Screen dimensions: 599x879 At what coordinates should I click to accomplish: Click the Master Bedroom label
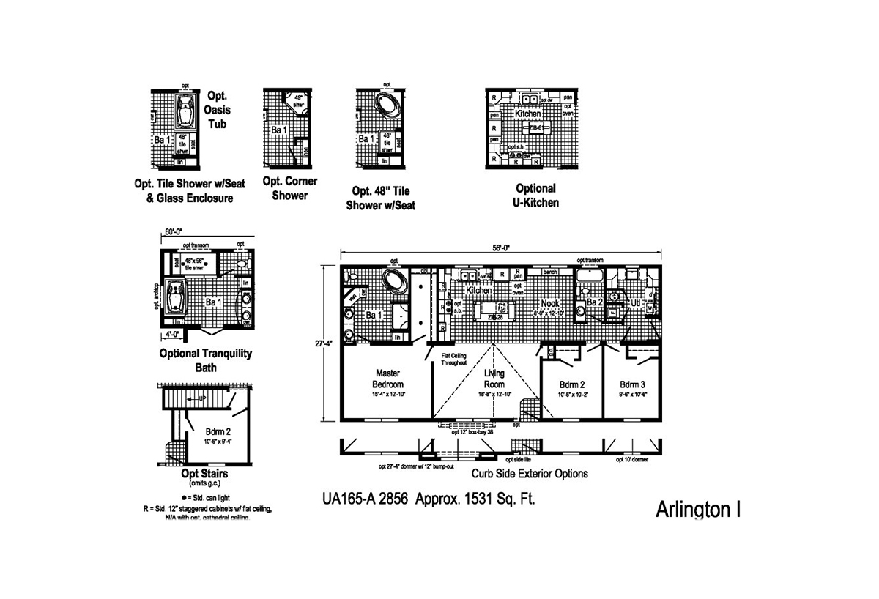pyautogui.click(x=388, y=378)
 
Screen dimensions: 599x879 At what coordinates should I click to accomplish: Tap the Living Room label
pyautogui.click(x=494, y=379)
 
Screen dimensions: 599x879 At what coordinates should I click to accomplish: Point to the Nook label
pyautogui.click(x=550, y=303)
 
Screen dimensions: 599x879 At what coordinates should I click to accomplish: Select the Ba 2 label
pyautogui.click(x=594, y=302)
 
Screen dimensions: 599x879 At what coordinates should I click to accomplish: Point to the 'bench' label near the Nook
pyautogui.click(x=551, y=272)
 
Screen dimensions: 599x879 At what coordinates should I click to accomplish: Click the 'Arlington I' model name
pyautogui.click(x=697, y=510)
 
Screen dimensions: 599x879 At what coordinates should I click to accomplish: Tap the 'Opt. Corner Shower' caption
pyautogui.click(x=289, y=188)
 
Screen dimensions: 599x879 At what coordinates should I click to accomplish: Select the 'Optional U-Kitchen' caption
pyautogui.click(x=535, y=195)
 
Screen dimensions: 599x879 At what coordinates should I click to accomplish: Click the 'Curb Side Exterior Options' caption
pyautogui.click(x=529, y=474)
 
